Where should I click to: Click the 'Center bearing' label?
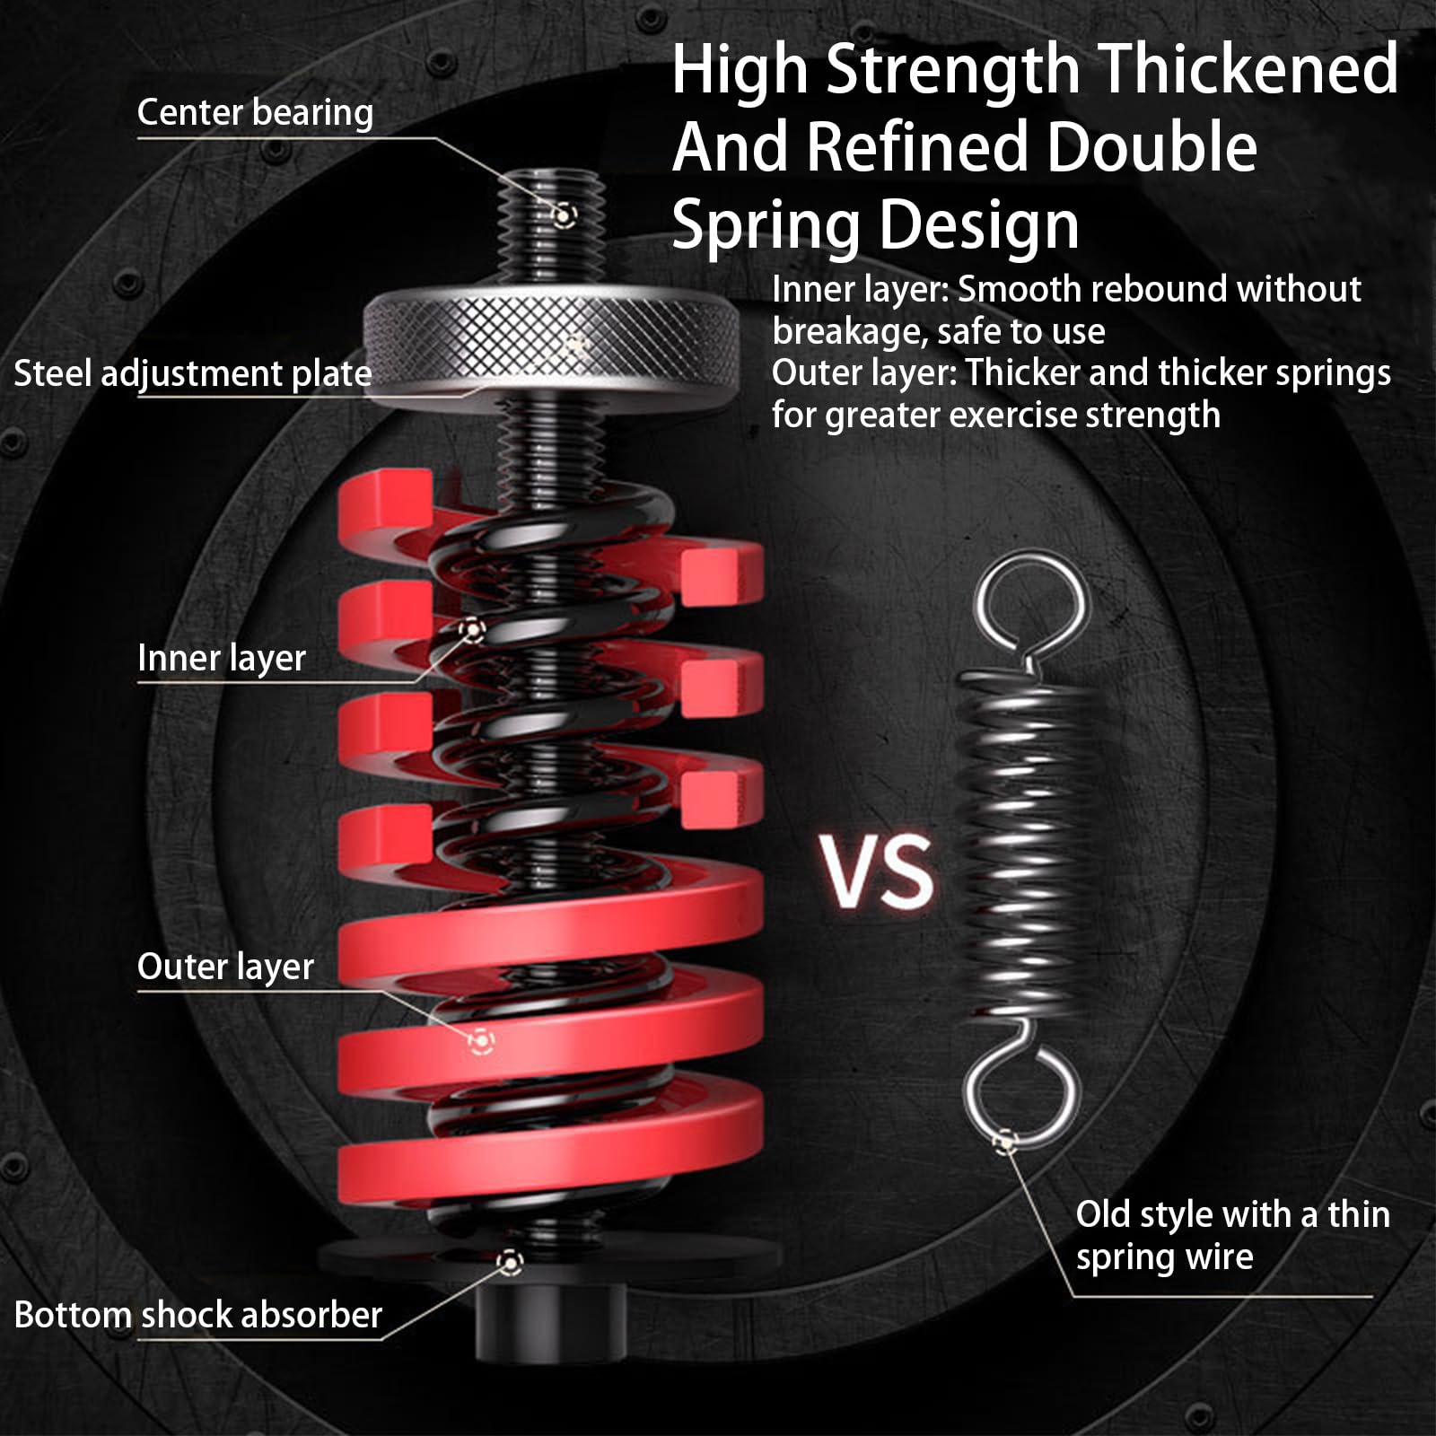[255, 113]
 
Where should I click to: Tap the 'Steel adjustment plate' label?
[192, 373]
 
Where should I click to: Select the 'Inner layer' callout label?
[222, 658]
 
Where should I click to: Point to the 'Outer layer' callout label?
[225, 967]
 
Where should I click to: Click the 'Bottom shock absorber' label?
[198, 1315]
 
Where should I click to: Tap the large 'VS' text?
[878, 871]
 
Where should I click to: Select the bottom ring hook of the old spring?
[1021, 1095]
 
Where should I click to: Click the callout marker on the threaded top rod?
[564, 215]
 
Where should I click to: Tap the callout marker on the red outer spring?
[481, 1041]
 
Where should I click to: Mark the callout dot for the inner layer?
[472, 629]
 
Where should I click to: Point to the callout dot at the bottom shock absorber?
[510, 1263]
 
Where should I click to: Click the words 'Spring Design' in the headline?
[875, 224]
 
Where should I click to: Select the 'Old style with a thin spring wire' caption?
[1232, 1235]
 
